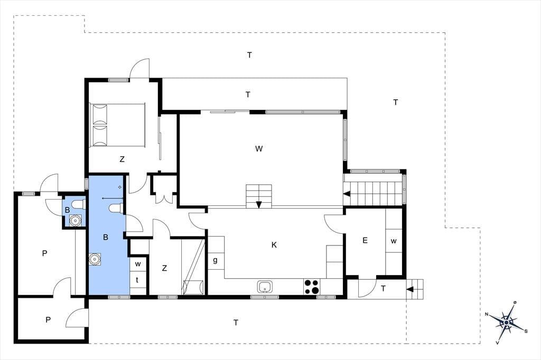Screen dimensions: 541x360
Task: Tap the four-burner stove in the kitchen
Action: [x=312, y=287]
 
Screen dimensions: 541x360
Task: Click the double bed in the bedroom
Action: [x=117, y=125]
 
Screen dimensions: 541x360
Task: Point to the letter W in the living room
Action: [x=259, y=149]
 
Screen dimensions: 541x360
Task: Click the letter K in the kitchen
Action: [x=274, y=245]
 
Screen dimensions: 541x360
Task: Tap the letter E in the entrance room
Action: [x=365, y=240]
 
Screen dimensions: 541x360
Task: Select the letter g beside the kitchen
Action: [x=216, y=260]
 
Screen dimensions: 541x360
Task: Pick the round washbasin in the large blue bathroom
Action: [x=95, y=259]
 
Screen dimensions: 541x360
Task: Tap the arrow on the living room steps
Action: [x=259, y=204]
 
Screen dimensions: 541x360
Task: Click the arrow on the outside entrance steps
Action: [x=410, y=289]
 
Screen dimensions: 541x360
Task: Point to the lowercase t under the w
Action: [x=137, y=280]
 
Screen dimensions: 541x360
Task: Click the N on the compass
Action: [x=487, y=314]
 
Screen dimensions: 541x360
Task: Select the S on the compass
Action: [x=526, y=331]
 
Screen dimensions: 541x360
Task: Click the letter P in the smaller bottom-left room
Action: [x=48, y=320]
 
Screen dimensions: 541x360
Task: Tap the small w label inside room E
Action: [x=394, y=241]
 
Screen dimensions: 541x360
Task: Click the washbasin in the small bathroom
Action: [x=75, y=220]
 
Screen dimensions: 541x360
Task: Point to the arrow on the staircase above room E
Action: [x=347, y=194]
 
